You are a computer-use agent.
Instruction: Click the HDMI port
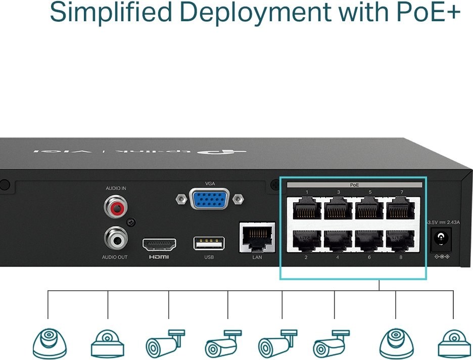click(x=159, y=245)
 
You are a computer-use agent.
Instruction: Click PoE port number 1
click(x=306, y=208)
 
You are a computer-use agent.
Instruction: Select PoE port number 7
click(x=401, y=208)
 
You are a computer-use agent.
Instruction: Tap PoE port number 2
click(x=306, y=240)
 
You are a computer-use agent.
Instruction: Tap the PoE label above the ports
click(x=355, y=185)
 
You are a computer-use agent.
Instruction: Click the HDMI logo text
click(x=159, y=257)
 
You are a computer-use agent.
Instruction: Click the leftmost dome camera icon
click(x=49, y=343)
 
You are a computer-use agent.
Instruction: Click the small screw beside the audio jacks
click(x=130, y=222)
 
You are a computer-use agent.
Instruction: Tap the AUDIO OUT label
click(x=115, y=257)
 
